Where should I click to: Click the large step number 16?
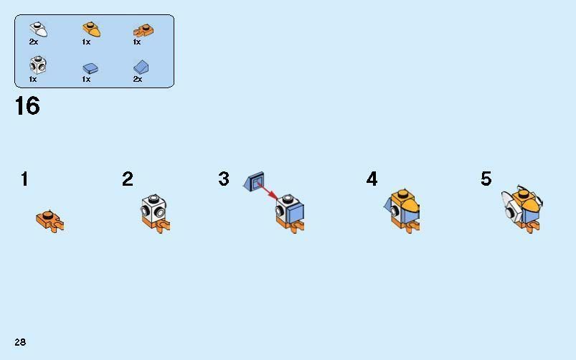(x=27, y=106)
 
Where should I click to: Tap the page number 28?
(x=20, y=342)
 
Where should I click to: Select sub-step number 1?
(x=24, y=179)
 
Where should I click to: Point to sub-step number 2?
(x=128, y=179)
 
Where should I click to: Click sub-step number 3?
(x=224, y=179)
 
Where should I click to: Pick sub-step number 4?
(x=372, y=179)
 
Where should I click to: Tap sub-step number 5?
(x=486, y=179)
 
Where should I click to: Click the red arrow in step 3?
(x=268, y=191)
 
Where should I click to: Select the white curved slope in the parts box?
(x=39, y=29)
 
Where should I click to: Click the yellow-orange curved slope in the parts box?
(x=92, y=29)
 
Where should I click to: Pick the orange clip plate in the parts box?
(x=143, y=30)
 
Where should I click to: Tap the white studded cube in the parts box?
(x=38, y=65)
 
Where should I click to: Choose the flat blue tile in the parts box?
(x=90, y=68)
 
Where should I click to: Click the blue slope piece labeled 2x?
(x=141, y=67)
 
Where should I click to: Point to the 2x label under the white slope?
(x=34, y=42)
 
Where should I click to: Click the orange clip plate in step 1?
(x=50, y=221)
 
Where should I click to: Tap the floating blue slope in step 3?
(x=253, y=181)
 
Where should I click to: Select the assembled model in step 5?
(x=522, y=209)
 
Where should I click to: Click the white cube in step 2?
(x=154, y=207)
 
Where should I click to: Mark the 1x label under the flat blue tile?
(x=86, y=80)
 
